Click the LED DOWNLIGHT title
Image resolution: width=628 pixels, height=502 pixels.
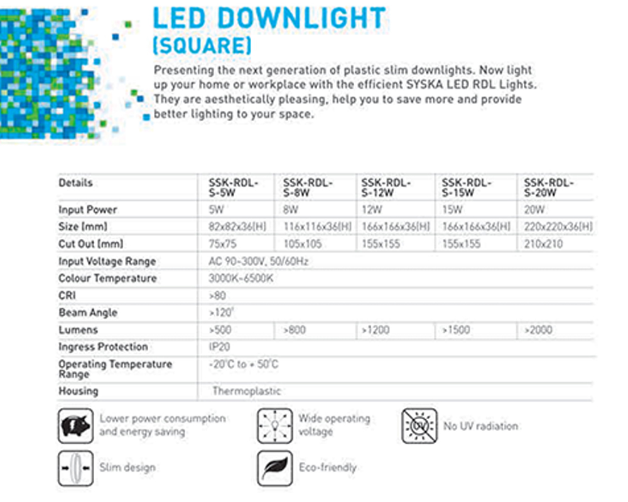point(269,18)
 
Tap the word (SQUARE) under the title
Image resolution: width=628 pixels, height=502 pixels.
point(202,46)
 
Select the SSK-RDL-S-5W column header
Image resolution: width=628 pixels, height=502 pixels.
point(233,188)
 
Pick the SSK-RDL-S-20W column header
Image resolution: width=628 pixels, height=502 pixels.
point(549,188)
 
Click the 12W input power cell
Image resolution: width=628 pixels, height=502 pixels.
point(372,210)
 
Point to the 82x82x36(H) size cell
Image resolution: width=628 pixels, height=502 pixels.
point(237,227)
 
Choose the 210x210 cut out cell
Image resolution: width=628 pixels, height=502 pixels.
point(543,244)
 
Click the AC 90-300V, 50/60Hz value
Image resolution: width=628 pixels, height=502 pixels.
point(258,262)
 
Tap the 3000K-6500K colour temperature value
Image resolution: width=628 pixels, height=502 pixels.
point(241,278)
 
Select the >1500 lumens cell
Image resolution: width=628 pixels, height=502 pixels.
point(456,330)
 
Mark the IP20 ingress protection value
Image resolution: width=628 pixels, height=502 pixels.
point(219,347)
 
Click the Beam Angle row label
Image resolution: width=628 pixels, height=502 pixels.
point(88,312)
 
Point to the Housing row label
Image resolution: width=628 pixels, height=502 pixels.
point(78,391)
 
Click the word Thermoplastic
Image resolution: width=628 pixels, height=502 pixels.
point(246,391)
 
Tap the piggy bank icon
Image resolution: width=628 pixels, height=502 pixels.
point(75,426)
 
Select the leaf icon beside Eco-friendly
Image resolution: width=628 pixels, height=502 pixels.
point(275,468)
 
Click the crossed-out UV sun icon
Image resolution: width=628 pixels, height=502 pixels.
point(420,426)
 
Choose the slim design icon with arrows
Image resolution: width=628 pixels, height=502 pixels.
point(75,468)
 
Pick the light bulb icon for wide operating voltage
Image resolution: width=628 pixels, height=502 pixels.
point(275,426)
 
